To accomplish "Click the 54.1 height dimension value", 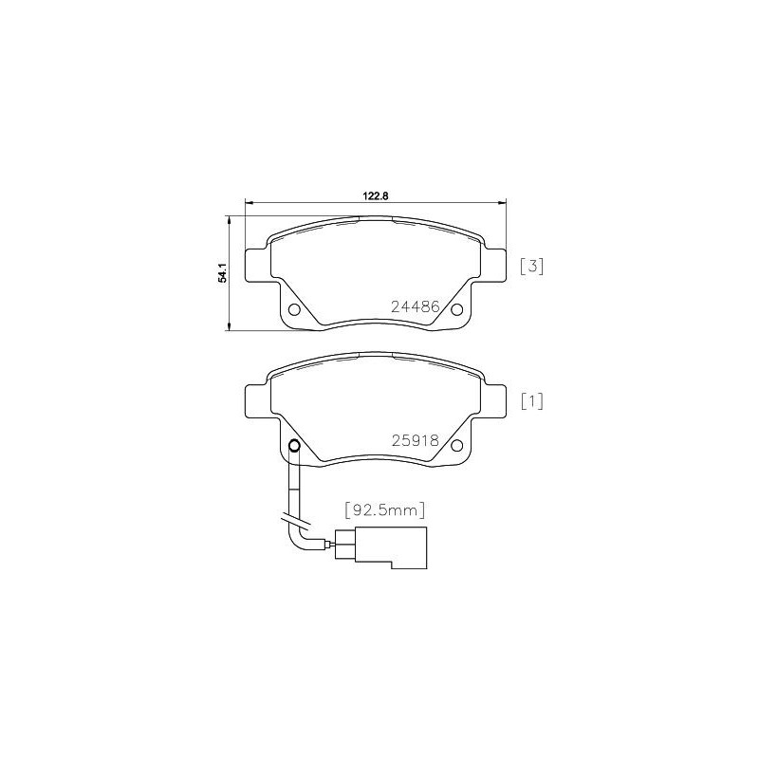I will point(223,272).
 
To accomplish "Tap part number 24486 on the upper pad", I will point(415,306).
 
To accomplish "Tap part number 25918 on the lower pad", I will point(415,440).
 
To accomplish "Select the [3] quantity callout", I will point(531,267).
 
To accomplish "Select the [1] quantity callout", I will point(531,401).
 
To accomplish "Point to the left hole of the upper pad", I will point(294,311).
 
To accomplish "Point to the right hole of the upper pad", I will point(456,310).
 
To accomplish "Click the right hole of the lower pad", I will point(456,446).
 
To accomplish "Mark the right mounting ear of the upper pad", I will point(494,263).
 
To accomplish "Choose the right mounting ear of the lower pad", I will point(494,398).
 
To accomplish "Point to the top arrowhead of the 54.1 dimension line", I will point(229,218).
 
